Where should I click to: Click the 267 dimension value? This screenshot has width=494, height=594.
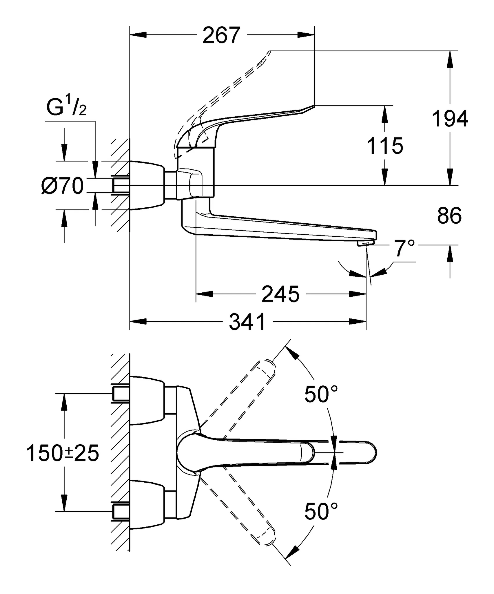tap(221, 35)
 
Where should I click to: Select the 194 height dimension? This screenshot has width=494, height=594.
tap(450, 119)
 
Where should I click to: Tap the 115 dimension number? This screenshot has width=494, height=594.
tap(385, 146)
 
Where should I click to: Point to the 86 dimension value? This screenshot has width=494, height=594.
tap(449, 216)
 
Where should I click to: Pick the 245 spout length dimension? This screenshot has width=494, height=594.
tap(280, 294)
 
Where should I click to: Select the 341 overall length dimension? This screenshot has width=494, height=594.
tap(247, 322)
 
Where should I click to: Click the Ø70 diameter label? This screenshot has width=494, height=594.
tap(63, 186)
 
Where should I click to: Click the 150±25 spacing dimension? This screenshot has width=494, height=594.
tap(63, 453)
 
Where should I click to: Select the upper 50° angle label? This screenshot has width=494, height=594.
tap(321, 394)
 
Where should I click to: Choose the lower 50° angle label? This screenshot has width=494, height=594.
tap(321, 512)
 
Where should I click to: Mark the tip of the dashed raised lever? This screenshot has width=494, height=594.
tap(270, 52)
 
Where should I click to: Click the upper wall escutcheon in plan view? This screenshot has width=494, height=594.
tap(146, 401)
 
